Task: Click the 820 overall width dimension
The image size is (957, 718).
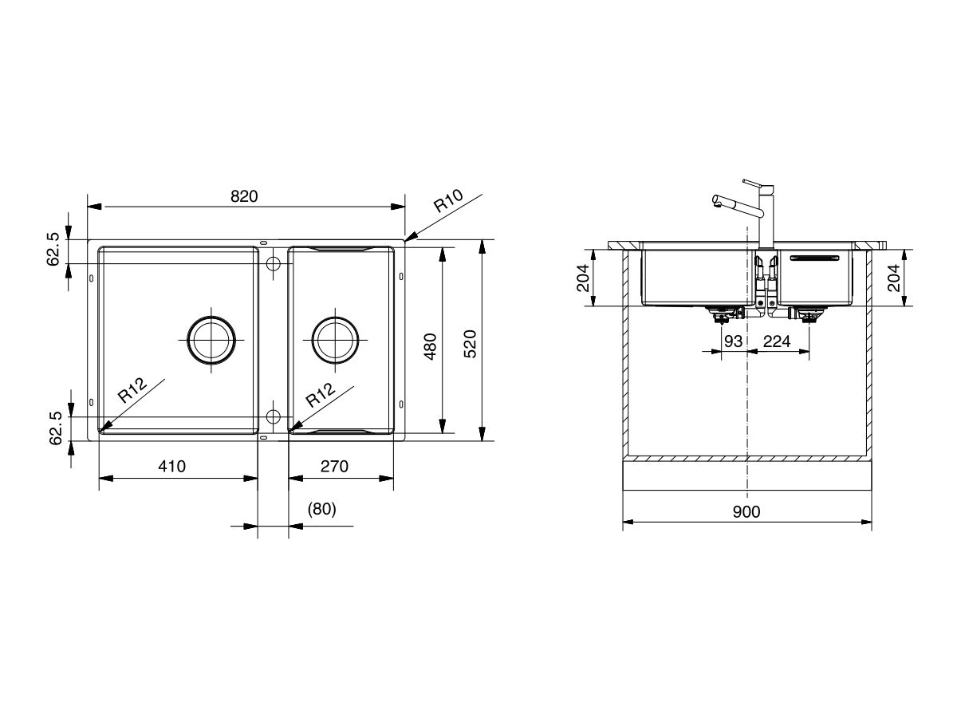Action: coord(244,196)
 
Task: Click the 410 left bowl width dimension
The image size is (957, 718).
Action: coord(171,467)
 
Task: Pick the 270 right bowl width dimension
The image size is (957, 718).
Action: coord(333,467)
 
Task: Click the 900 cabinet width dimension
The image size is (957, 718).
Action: coord(746,511)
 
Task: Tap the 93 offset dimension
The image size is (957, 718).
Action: coord(733,341)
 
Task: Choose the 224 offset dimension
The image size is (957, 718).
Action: coord(776,341)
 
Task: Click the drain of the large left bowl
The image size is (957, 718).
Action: coord(211,340)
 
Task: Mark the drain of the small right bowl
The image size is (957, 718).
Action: coord(335,340)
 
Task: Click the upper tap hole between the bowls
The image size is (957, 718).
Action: coord(273,263)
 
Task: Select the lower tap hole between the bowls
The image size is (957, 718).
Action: coord(273,416)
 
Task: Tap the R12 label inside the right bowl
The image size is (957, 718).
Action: coord(319,395)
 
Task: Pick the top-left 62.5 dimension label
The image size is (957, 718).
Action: coord(53,249)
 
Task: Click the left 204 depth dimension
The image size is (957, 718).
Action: coord(583,278)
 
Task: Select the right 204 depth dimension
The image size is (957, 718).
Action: coord(894,278)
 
